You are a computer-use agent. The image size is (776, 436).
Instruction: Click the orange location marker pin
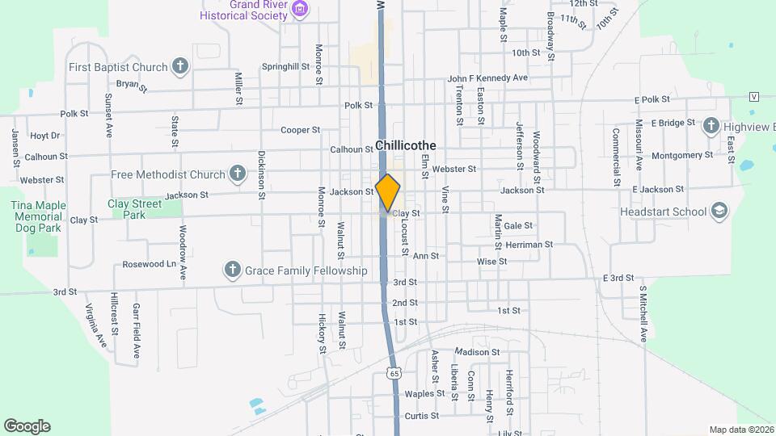[388, 192]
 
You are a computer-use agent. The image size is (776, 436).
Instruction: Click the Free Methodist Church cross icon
[238, 174]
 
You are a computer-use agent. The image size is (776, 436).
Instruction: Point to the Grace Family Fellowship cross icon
[233, 270]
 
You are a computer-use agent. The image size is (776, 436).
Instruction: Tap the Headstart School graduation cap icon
[718, 212]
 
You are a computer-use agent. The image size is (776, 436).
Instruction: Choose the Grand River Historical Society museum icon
[301, 10]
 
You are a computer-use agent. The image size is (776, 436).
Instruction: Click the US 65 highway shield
[394, 373]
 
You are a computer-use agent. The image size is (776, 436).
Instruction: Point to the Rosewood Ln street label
[149, 264]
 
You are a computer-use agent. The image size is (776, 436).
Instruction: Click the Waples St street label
[425, 394]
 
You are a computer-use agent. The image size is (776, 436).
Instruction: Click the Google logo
[27, 426]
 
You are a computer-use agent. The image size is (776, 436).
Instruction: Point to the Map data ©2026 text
[740, 430]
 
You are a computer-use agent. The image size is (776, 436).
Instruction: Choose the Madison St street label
[478, 352]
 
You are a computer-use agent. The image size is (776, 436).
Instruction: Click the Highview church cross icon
[711, 125]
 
